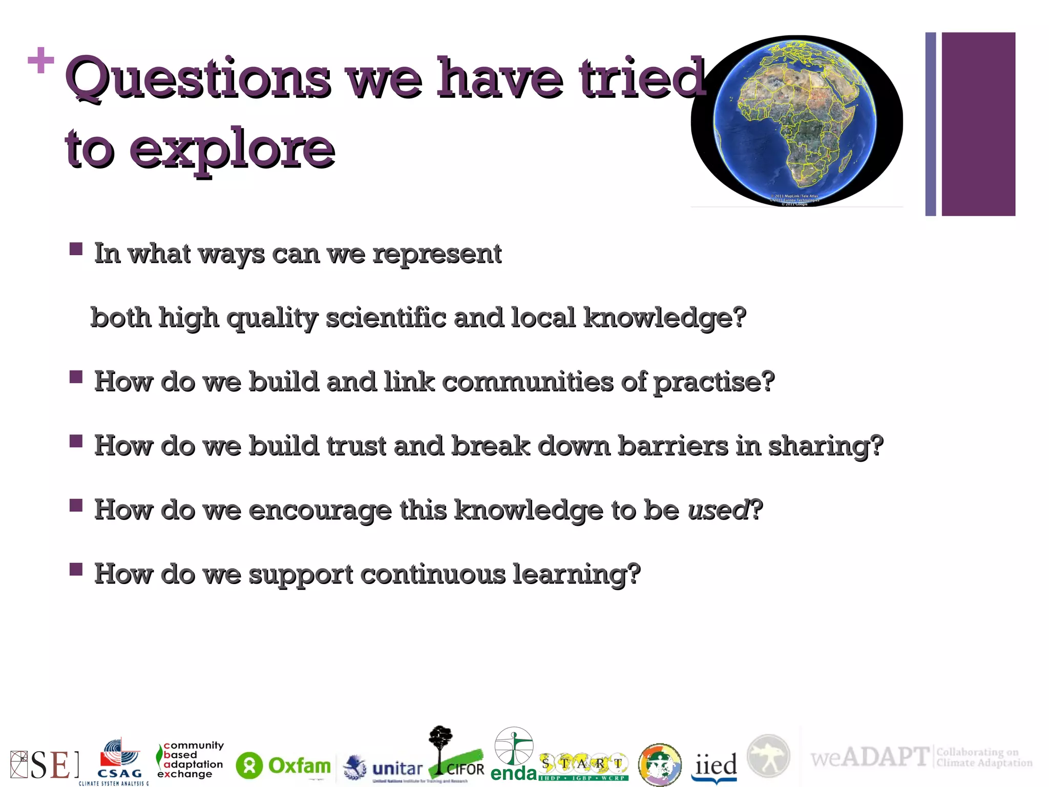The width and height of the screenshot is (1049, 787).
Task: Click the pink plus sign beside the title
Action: [40, 60]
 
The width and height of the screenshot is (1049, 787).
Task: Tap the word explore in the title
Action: [232, 150]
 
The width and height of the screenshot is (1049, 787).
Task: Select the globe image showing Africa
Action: [796, 120]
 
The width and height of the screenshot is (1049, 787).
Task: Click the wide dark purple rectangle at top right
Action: [978, 123]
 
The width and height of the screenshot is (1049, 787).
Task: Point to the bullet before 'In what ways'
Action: [76, 250]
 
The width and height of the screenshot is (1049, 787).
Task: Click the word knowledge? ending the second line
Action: [664, 318]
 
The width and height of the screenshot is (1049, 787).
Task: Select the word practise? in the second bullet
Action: [714, 382]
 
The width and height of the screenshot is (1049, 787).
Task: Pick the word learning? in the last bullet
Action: [576, 574]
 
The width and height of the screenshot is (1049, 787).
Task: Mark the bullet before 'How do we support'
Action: [76, 569]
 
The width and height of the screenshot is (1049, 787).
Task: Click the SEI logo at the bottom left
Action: [45, 765]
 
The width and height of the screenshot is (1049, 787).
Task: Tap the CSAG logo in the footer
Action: [119, 762]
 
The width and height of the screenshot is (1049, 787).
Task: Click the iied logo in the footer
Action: [715, 766]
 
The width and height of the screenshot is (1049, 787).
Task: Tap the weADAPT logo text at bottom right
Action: [869, 757]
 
